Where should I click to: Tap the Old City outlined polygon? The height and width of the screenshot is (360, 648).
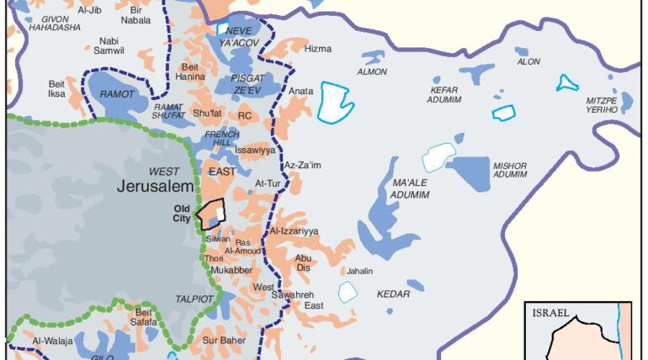click(x=210, y=214)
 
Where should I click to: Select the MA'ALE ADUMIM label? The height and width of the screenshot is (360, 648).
click(x=411, y=188)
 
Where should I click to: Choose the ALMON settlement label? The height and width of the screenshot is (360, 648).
click(x=372, y=71)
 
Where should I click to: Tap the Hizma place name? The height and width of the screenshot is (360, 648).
click(x=317, y=49)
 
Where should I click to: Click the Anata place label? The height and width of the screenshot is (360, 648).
click(x=301, y=90)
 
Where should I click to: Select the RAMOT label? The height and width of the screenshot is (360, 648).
click(x=117, y=95)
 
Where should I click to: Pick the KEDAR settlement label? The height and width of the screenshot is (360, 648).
click(x=394, y=294)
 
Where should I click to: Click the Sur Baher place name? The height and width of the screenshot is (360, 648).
click(x=223, y=341)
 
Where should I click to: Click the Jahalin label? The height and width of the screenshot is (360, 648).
click(x=360, y=271)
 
